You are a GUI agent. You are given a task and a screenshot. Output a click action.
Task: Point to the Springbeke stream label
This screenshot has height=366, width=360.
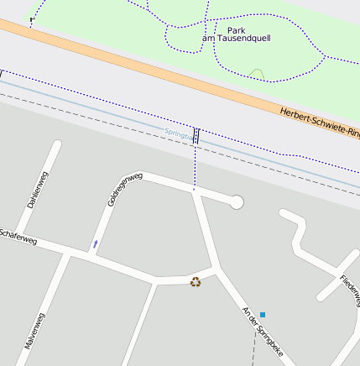(178, 133)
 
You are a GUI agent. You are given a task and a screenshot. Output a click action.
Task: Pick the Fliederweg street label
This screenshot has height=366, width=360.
(350, 290)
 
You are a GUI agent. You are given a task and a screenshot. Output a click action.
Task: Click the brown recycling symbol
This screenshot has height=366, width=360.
(196, 282)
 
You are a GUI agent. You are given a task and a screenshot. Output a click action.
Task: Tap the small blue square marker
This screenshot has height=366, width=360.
(262, 315)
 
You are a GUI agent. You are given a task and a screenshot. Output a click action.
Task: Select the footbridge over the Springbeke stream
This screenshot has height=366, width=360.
(196, 136)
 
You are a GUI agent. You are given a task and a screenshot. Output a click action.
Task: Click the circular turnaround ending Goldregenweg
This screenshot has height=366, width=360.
(237, 201)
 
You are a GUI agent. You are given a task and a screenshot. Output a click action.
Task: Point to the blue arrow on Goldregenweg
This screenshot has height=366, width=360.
(95, 244)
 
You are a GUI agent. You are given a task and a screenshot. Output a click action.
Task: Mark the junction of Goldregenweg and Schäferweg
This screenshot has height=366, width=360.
(88, 254)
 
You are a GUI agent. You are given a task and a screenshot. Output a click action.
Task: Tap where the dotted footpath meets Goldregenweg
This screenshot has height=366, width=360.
(194, 190)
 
